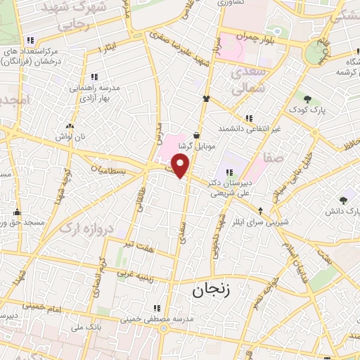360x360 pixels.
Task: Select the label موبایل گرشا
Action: [x=195, y=146]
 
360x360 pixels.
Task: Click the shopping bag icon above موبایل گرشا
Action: [x=195, y=134]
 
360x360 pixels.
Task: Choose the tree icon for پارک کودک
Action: [x=307, y=97]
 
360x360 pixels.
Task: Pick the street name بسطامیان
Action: [x=109, y=169]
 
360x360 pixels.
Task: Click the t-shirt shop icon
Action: [x=206, y=99]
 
